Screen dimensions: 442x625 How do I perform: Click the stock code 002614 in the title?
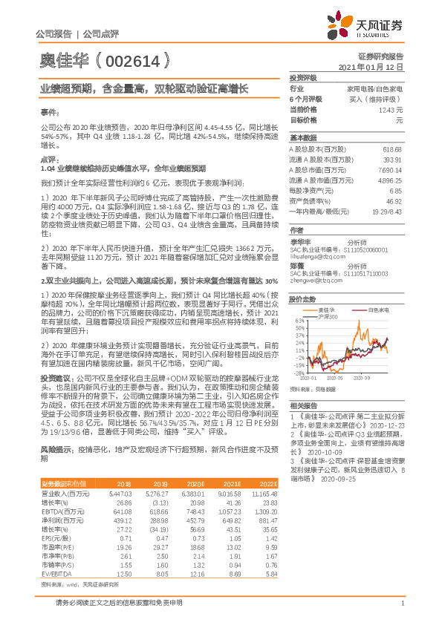[x=106, y=62]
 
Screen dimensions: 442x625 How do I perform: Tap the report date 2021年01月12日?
[x=375, y=67]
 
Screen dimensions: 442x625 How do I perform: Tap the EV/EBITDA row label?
[x=53, y=594]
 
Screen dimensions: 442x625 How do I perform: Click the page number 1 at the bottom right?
[x=401, y=613]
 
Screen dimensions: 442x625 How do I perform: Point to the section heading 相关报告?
[x=303, y=405]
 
